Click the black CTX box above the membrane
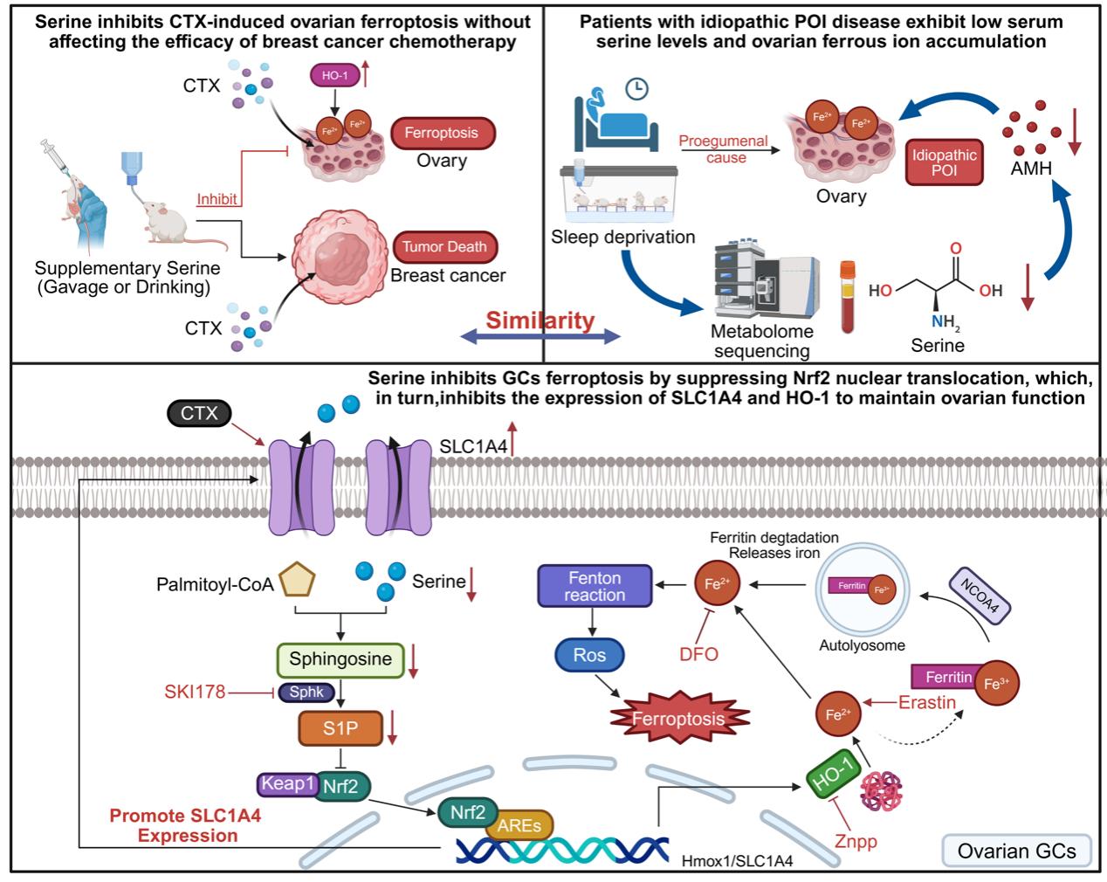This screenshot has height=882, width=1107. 199,412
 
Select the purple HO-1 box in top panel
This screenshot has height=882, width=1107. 334,76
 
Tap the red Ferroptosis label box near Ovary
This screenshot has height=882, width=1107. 443,133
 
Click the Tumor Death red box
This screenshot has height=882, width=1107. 444,246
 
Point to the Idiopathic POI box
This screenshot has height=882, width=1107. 944,162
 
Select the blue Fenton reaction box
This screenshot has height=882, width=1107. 595,586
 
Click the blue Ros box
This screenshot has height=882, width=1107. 589,655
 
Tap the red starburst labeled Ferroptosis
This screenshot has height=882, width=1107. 677,718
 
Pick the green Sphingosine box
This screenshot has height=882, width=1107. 340,659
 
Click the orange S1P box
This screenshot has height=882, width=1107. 340,727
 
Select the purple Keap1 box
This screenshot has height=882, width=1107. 287,783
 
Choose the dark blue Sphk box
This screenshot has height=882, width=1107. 306,693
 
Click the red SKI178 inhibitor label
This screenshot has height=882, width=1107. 195,693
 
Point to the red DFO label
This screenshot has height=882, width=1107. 698,653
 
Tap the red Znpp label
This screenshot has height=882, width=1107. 855,842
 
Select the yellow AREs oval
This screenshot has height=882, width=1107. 519,825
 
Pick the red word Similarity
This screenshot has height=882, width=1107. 540,320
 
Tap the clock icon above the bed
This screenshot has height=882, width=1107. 637,88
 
